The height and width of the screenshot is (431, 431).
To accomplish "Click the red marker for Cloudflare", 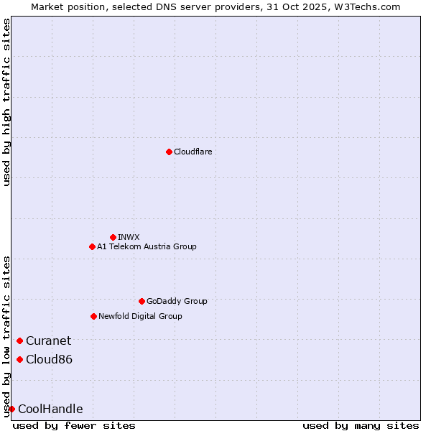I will click(169, 152).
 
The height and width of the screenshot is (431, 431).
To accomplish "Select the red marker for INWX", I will click(113, 237).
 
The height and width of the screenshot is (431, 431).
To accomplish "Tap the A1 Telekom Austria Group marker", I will click(92, 246).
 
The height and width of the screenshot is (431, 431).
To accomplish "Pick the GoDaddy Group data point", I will click(142, 301).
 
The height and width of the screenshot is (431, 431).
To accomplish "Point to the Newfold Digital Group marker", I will click(93, 316).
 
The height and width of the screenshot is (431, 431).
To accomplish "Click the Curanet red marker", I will click(19, 340).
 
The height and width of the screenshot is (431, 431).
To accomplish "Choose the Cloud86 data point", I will click(19, 359).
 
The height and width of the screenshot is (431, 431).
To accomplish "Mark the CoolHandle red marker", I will click(11, 409).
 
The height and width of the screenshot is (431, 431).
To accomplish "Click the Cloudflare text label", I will click(193, 152).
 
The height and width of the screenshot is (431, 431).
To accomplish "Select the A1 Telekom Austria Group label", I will click(147, 246).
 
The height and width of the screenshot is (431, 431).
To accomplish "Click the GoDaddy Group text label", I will click(177, 301).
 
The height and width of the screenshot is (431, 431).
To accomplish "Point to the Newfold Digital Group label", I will click(140, 316).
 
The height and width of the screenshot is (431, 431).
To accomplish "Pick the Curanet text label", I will click(48, 340).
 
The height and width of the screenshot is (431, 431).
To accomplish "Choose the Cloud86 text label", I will click(49, 359).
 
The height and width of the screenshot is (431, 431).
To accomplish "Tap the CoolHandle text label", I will click(50, 409).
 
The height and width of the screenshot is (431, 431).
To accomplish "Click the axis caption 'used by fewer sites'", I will click(74, 425).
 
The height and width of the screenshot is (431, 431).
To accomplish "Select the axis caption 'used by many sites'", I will click(361, 425).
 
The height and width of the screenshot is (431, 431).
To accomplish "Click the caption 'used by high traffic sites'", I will click(6, 103).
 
